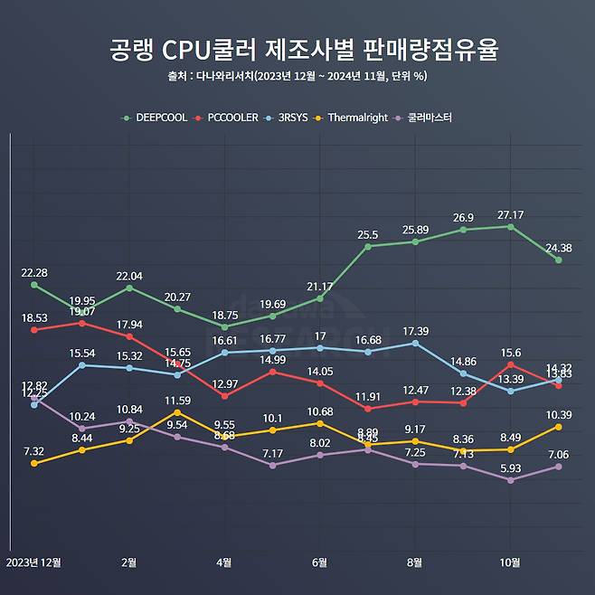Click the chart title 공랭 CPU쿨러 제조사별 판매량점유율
pyautogui.click(x=304, y=49)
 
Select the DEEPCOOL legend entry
pyautogui.click(x=156, y=118)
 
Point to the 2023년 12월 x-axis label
pyautogui.click(x=33, y=562)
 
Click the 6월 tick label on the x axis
pyautogui.click(x=319, y=562)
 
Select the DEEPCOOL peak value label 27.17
pyautogui.click(x=511, y=214)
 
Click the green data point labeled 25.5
pyautogui.click(x=367, y=246)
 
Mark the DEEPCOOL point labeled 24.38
pyautogui.click(x=559, y=260)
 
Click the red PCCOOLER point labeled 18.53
pyautogui.click(x=34, y=330)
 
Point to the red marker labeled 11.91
pyautogui.click(x=367, y=409)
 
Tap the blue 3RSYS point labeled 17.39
pyautogui.click(x=415, y=343)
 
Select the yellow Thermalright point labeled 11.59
pyautogui.click(x=178, y=412)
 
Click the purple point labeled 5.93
pyautogui.click(x=511, y=480)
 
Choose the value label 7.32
pyautogui.click(x=34, y=451)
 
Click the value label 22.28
pyautogui.click(x=34, y=273)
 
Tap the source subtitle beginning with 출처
pyautogui.click(x=297, y=75)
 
